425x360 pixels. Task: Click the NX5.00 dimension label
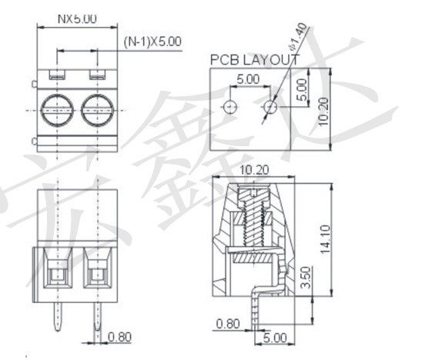pos(77,19)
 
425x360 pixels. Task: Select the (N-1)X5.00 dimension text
pos(152,42)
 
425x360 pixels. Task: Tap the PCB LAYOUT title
pos(255,59)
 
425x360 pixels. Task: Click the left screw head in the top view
pos(57,110)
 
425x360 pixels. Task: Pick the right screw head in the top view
pos(97,110)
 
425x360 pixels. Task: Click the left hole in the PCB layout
pos(230,107)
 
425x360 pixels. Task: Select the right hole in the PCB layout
pos(270,107)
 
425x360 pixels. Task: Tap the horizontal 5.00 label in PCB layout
pos(248,79)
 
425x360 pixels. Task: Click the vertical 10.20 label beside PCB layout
pos(323,112)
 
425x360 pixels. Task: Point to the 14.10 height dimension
pos(325,239)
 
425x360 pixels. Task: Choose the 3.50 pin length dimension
pos(306,278)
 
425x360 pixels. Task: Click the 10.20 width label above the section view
pos(254,170)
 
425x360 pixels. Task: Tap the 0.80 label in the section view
pos(228,324)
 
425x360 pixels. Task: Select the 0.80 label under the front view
pos(119,337)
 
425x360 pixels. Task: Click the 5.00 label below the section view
pos(275,338)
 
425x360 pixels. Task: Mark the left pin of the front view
pos(58,316)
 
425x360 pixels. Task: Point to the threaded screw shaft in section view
pos(254,224)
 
